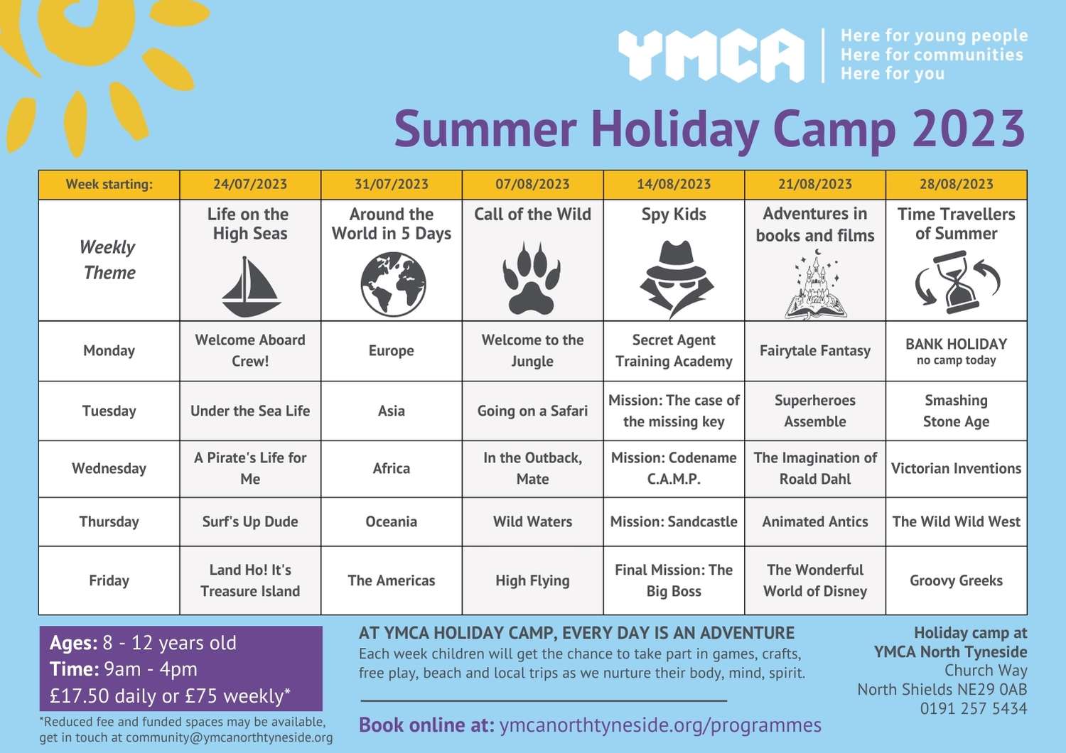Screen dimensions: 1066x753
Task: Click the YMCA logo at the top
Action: [x=711, y=55]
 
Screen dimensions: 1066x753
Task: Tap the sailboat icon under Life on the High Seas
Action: [x=251, y=286]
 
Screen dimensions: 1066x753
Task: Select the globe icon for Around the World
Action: [x=393, y=284]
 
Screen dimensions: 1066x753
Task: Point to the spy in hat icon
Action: [x=677, y=278]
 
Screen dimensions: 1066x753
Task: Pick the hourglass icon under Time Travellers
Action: [x=957, y=282]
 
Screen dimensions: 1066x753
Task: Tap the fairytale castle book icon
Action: [x=816, y=284]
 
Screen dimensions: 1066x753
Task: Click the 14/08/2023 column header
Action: [x=674, y=184]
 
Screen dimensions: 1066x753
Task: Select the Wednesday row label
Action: [x=109, y=468]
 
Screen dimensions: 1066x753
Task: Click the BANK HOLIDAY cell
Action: [x=956, y=351]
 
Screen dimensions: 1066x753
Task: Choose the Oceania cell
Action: [x=391, y=521]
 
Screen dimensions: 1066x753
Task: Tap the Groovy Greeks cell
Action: [x=956, y=580]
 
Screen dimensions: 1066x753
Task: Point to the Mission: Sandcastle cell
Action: [x=674, y=521]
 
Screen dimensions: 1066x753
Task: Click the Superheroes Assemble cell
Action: [x=815, y=411]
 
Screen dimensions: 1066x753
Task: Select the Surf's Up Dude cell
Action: [x=250, y=521]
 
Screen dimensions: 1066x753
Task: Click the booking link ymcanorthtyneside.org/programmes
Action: [x=660, y=725]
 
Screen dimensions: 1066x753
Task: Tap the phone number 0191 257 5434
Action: [x=974, y=708]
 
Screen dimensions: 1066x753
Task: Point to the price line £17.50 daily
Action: [x=170, y=696]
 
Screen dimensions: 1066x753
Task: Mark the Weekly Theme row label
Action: [x=109, y=260]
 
